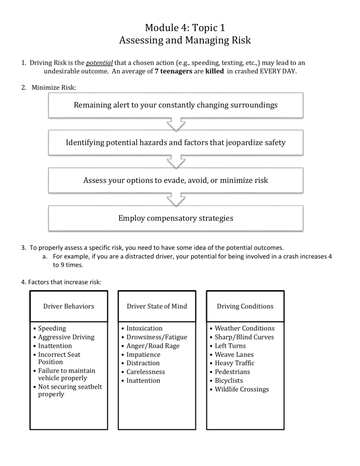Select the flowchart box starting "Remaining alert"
[x=176, y=105]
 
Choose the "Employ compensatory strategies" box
[x=176, y=218]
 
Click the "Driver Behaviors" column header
[x=68, y=306]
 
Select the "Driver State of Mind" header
[x=157, y=306]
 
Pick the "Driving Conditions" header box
[x=245, y=306]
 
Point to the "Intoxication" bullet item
[x=144, y=329]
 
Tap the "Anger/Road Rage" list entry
[x=153, y=346]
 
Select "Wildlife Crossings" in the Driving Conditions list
[x=242, y=389]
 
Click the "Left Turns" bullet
[x=231, y=346]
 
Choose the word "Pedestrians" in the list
[x=232, y=372]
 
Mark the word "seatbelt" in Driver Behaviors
[x=88, y=386]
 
